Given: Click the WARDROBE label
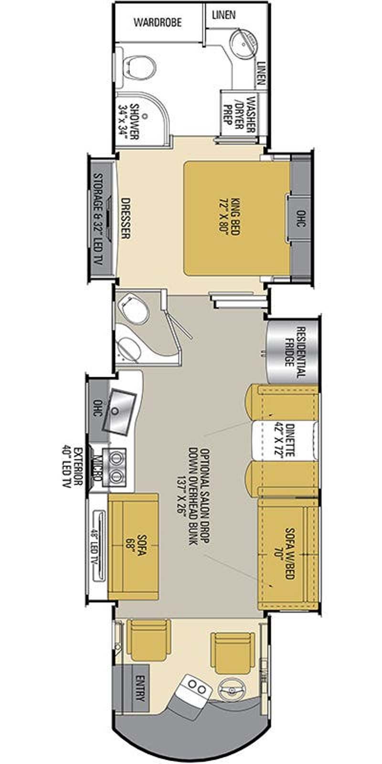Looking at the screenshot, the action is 158,22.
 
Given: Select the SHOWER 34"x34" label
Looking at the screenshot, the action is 128,121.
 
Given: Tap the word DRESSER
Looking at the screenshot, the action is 126,218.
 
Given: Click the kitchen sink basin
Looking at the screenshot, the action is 118,412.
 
